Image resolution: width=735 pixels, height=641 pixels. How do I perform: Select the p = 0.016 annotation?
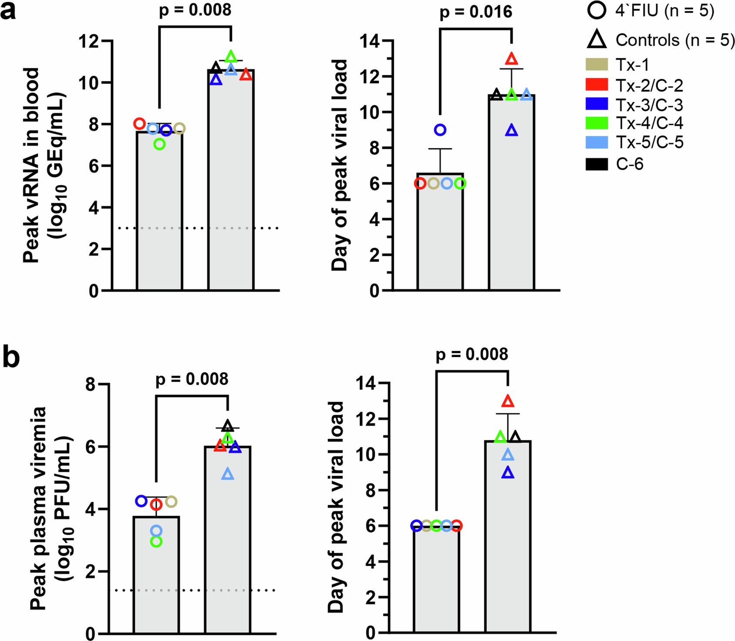pos(476,12)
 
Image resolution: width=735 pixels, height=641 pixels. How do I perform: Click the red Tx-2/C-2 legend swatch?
pos(597,85)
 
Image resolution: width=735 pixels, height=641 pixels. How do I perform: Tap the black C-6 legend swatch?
pos(597,164)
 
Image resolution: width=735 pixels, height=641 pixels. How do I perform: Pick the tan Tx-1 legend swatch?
pos(597,64)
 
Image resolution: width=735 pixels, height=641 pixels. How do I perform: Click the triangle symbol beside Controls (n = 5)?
pos(597,40)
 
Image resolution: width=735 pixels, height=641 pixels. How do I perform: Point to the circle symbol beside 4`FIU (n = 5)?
pos(597,10)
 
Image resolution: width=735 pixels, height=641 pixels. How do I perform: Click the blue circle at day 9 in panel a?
pos(440,130)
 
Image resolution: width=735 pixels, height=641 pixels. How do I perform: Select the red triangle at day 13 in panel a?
pos(512,59)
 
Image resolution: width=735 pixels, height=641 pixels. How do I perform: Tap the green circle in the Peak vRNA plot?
pos(160,144)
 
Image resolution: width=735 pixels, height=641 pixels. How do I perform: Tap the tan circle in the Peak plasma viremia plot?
pos(171,502)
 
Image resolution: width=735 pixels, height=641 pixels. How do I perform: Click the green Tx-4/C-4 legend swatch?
pos(597,123)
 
